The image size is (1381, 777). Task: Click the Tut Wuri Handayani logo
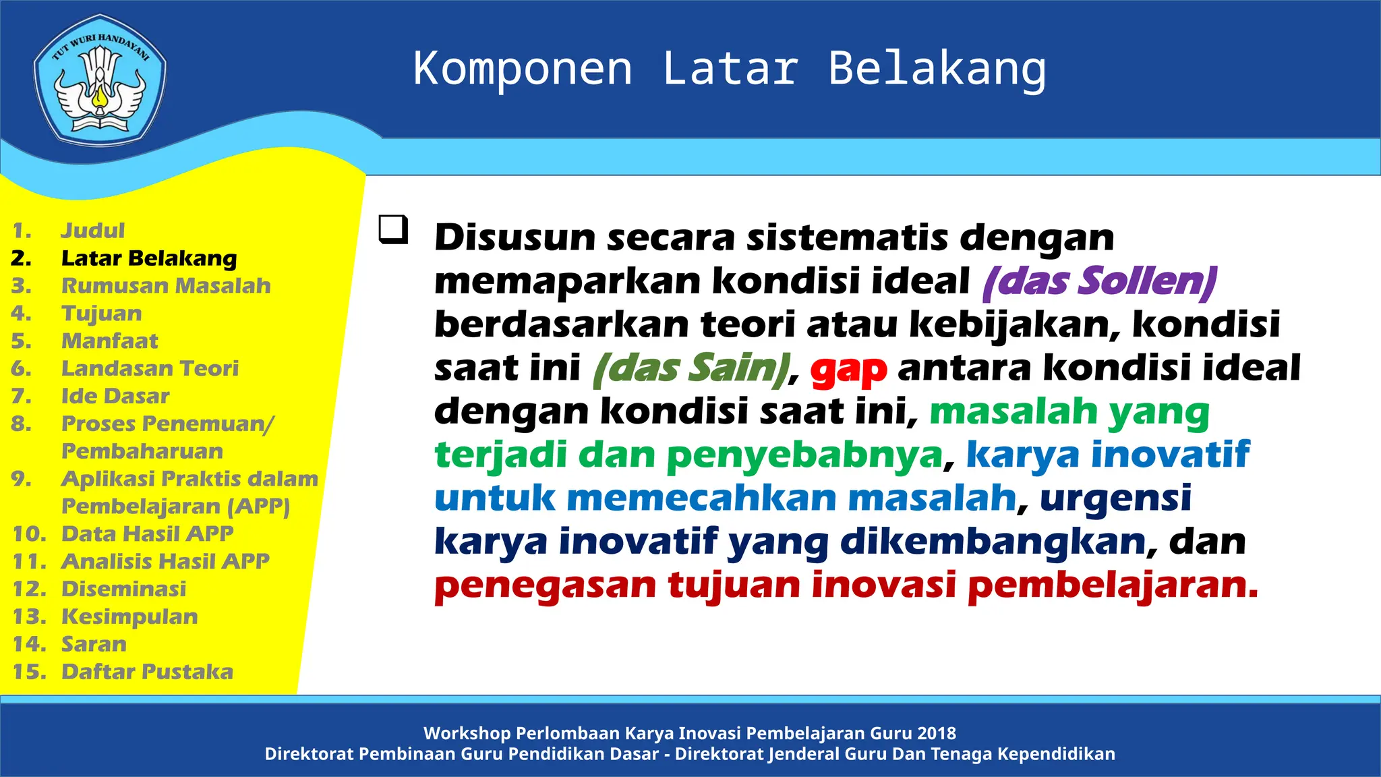[x=100, y=80]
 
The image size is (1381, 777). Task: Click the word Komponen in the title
[x=523, y=69]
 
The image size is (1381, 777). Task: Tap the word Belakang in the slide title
[x=937, y=69]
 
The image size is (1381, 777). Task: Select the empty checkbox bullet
[x=393, y=229]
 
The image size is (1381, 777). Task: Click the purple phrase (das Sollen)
[x=1100, y=281]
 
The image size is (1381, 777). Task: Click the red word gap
[x=848, y=370]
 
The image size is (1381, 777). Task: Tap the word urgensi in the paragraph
[x=1115, y=498]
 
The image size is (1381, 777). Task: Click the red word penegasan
[x=545, y=585]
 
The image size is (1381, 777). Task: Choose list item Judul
[x=93, y=231]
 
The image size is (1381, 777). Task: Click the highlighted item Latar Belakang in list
[x=149, y=258]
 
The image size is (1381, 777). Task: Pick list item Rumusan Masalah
[x=166, y=286]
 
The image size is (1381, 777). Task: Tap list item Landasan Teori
[x=150, y=368]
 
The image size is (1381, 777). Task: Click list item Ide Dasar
[x=115, y=396]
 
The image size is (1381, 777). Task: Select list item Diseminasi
[x=123, y=589]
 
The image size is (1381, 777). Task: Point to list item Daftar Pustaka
[x=147, y=672]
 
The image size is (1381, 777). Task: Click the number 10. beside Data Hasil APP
[x=29, y=534]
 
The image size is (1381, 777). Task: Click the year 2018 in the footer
[x=936, y=733]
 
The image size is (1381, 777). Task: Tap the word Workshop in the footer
[x=467, y=733]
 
